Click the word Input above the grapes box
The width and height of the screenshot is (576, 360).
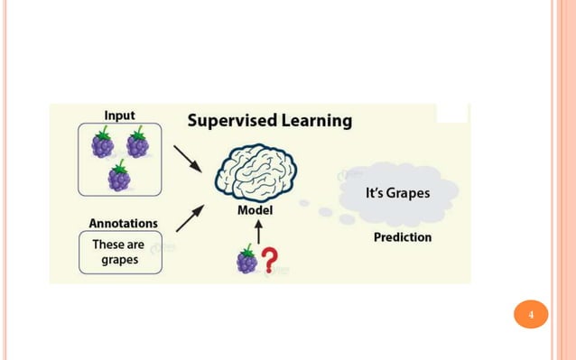point(119,115)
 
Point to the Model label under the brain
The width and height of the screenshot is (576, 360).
point(255,210)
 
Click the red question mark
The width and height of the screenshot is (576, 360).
point(269,260)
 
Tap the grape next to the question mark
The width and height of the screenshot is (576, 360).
point(246,260)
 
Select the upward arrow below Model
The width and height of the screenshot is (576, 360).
point(258,232)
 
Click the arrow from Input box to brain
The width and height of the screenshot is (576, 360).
point(187,160)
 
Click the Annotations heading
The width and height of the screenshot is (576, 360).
point(123,223)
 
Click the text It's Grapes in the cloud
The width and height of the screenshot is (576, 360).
point(397,193)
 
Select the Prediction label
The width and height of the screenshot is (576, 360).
point(403,237)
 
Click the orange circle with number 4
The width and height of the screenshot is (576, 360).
point(531,315)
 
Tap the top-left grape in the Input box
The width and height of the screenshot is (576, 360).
point(103,143)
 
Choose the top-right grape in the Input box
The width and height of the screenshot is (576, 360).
point(137,143)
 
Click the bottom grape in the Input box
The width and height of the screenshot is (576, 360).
point(119,176)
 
